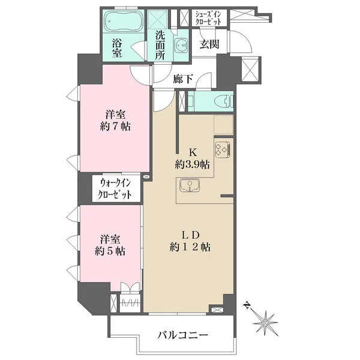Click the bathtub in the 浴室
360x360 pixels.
(122, 22)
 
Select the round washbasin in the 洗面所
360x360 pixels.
(181, 45)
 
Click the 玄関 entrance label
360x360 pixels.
(209, 44)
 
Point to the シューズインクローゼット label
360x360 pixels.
(208, 18)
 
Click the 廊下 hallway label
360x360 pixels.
(182, 79)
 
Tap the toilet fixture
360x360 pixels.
(223, 101)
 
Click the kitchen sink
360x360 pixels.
(190, 185)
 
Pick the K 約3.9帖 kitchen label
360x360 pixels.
(192, 158)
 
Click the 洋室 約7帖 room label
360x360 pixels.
(115, 121)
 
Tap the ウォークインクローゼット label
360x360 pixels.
(115, 189)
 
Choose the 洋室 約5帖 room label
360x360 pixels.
(110, 245)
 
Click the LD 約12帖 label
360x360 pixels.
(190, 241)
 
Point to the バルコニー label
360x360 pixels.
(183, 335)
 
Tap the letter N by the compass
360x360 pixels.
(247, 306)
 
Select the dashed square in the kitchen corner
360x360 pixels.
(224, 125)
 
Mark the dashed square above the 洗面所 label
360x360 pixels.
(157, 19)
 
